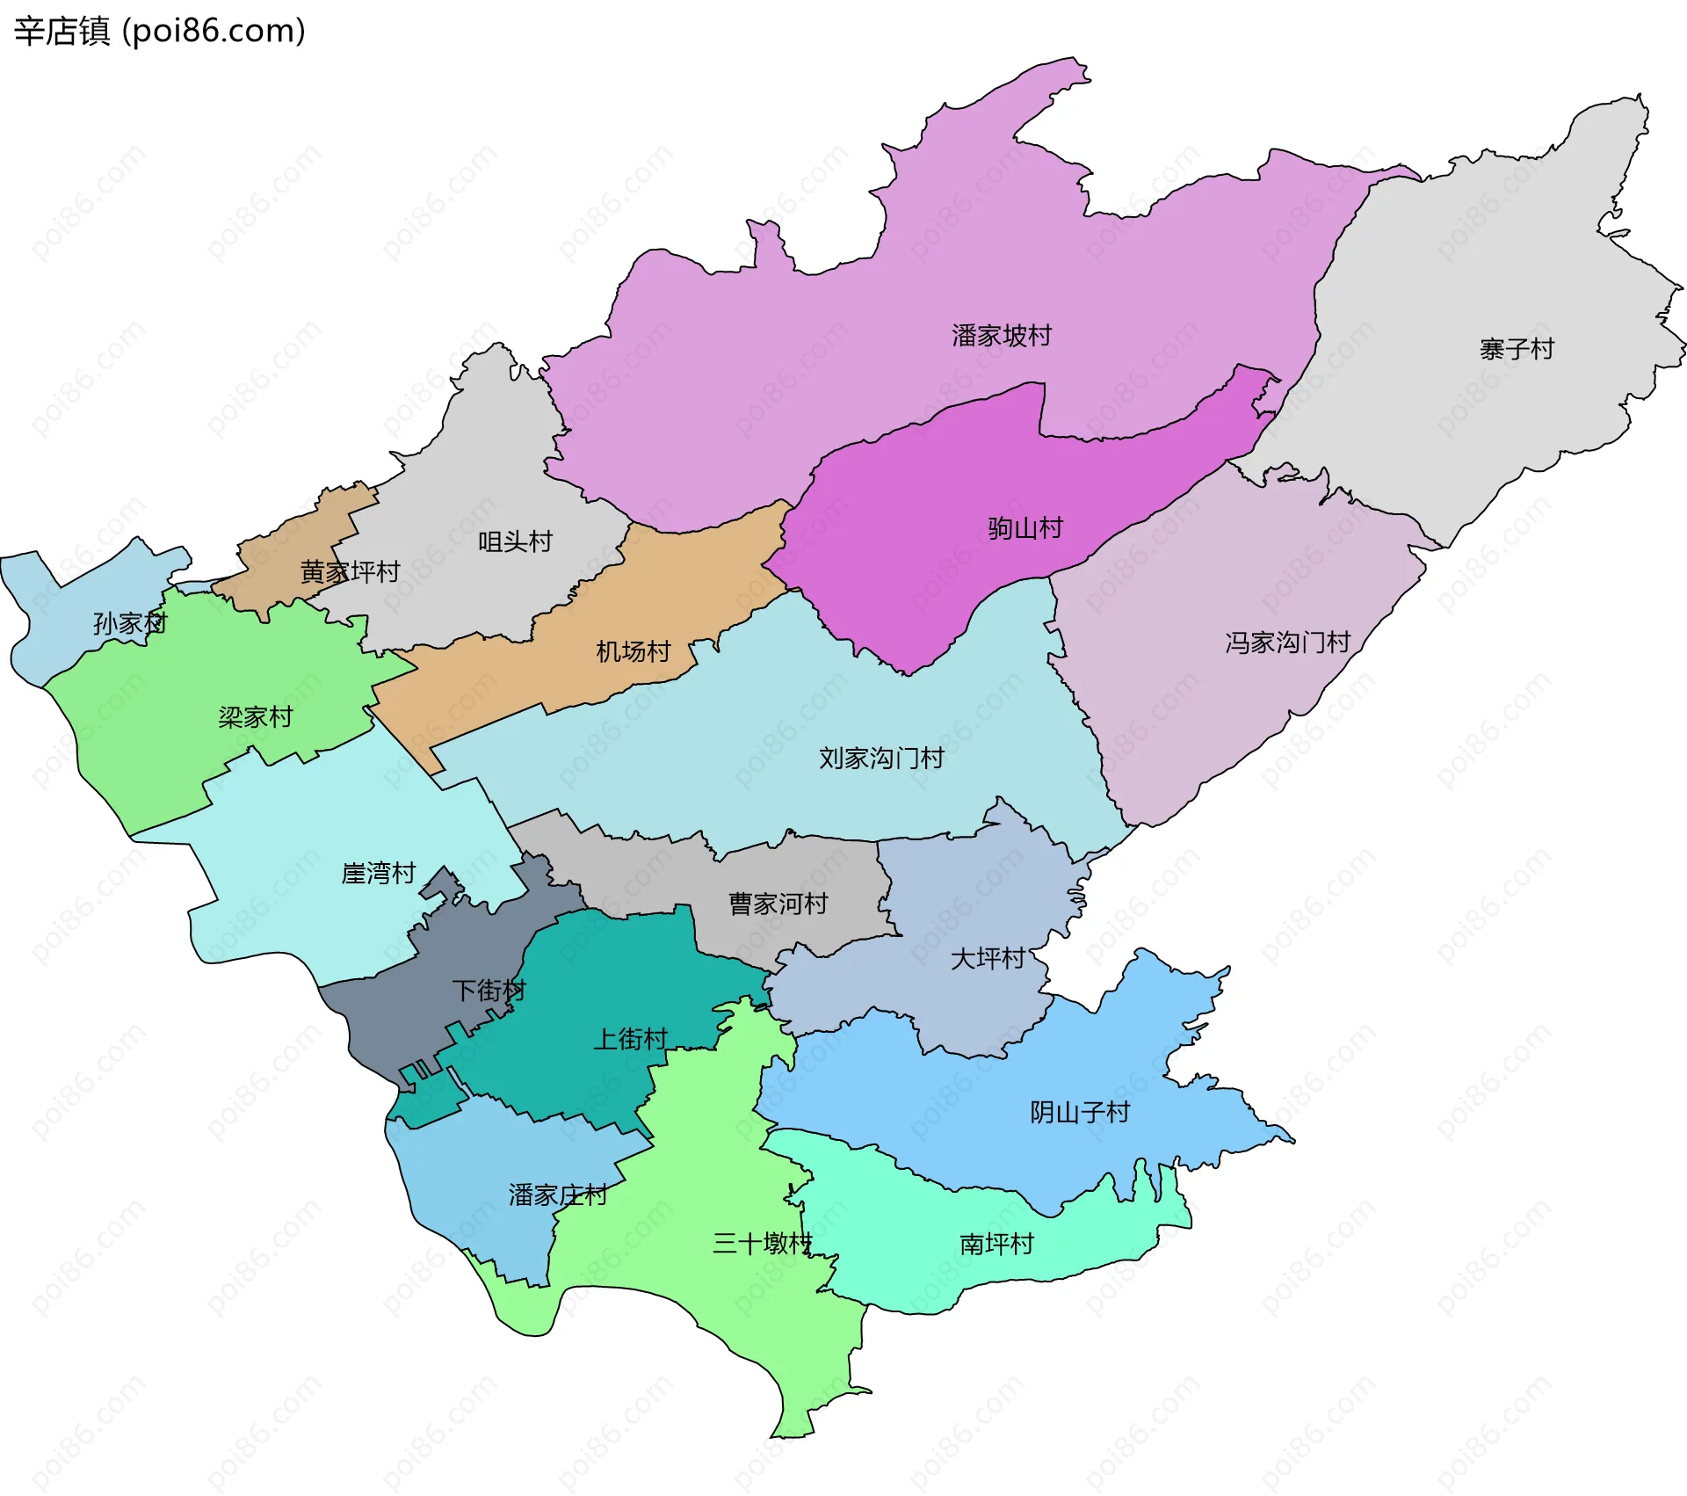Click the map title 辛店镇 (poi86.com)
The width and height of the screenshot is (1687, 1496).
pos(159,31)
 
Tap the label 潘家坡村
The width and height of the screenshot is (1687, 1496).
pos(1002,336)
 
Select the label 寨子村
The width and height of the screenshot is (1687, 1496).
pos(1517,350)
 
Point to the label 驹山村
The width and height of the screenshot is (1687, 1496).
pos(1025,528)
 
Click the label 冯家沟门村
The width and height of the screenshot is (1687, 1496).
pos(1287,643)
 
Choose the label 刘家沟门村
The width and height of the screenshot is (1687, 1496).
pos(881,758)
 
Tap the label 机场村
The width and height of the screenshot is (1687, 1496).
pos(633,651)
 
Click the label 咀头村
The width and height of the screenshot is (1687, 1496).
pos(515,541)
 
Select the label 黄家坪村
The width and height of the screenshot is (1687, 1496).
pos(350,572)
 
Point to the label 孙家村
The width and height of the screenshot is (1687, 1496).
pos(130,624)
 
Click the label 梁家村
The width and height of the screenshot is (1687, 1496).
pos(255,717)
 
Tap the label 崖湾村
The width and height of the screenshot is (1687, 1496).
pos(378,873)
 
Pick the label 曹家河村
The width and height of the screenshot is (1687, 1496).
pos(778,904)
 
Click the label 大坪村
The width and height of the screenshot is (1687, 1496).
pos(988,958)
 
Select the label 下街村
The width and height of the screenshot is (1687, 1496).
pos(489,991)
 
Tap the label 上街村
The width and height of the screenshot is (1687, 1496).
pos(631,1039)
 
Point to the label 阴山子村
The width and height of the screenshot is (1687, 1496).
pos(1080,1113)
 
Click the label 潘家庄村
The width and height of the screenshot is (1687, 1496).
pos(557,1195)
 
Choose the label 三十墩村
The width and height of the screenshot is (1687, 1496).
pos(762,1243)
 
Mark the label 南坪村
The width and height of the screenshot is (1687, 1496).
pos(996,1244)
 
